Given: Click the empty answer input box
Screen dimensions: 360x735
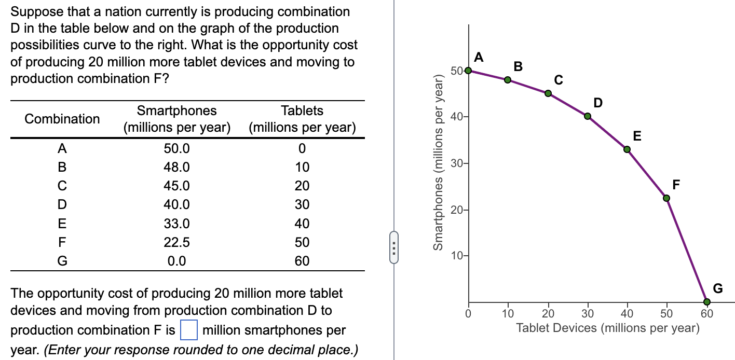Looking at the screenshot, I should [x=189, y=330].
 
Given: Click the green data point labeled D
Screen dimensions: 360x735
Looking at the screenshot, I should [x=588, y=116].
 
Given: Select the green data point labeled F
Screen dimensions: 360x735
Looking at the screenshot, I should [x=666, y=198].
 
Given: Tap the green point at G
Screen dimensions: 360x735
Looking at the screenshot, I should [x=706, y=301].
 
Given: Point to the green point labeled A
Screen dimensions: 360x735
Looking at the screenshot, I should [x=468, y=70].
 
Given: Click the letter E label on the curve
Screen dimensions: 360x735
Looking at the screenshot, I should [x=637, y=136].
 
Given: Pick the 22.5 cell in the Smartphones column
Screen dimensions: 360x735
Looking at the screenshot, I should [x=177, y=242].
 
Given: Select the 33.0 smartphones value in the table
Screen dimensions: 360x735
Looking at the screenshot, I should [x=177, y=224].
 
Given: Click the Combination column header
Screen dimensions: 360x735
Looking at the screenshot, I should [x=62, y=119].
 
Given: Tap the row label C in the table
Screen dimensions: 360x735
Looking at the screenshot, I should [x=62, y=186].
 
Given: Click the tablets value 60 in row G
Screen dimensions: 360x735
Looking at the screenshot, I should [x=302, y=261].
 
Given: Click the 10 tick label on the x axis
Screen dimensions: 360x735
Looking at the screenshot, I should [x=508, y=313].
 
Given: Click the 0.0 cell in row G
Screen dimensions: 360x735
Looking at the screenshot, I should [x=177, y=261].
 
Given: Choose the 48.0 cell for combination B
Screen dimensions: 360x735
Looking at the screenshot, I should [x=177, y=167].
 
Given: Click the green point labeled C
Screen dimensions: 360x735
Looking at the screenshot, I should [x=548, y=93].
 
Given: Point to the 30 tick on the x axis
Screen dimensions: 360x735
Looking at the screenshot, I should [x=588, y=313].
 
